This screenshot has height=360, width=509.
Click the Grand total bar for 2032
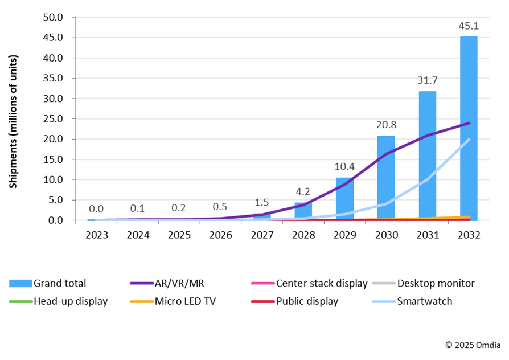(x=469, y=128)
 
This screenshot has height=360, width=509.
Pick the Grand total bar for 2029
(x=344, y=199)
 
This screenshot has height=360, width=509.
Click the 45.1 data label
(x=469, y=26)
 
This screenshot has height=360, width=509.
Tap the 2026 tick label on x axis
(x=220, y=235)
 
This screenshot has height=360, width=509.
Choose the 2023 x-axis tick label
(x=96, y=235)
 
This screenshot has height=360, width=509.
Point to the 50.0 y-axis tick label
(x=54, y=17)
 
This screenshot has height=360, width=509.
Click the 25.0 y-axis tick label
(x=54, y=119)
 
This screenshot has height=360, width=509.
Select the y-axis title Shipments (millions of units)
(x=14, y=121)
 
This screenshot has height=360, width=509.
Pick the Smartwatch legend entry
(x=424, y=301)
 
